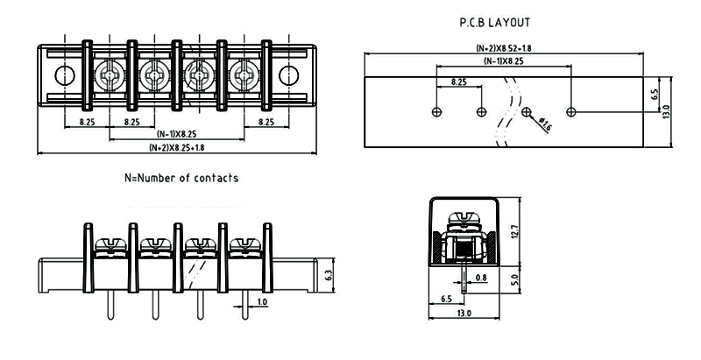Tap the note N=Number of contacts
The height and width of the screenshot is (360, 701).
point(181,178)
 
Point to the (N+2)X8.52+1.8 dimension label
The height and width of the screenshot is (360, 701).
point(504,48)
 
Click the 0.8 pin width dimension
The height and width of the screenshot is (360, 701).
point(480,279)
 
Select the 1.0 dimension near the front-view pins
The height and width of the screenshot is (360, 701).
point(262,302)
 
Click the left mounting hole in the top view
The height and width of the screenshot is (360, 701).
point(60,76)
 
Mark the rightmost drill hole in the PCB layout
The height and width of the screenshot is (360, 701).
point(572,112)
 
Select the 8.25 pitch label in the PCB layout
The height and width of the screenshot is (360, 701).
point(458,81)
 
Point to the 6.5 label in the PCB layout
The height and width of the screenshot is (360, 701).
point(654,95)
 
